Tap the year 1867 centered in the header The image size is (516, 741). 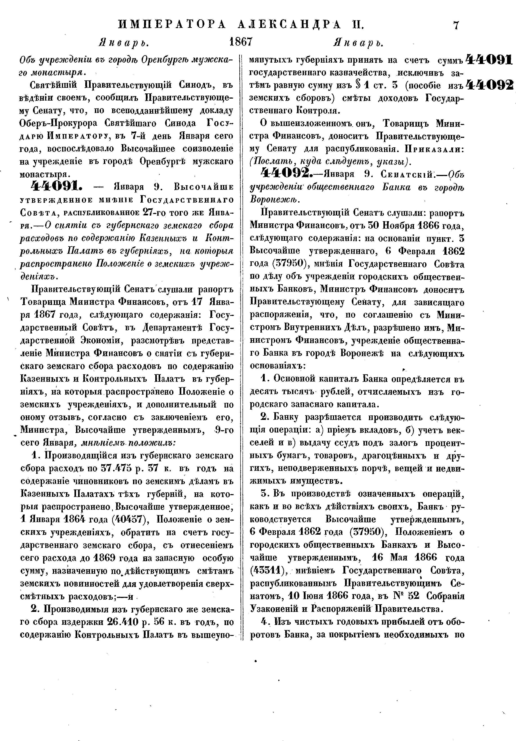click(x=240, y=42)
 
